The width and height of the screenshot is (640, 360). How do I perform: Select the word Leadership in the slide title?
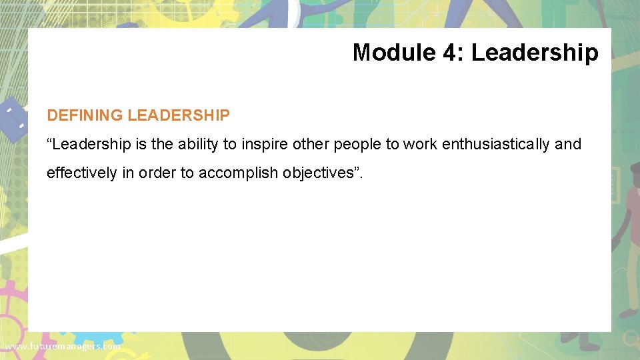pos(535,52)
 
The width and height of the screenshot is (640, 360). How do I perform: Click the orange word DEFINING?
pos(85,115)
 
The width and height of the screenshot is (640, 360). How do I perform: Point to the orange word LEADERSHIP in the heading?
pos(179,115)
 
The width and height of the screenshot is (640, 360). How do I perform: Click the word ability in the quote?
pos(196,144)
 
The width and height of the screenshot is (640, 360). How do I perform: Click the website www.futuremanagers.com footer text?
pos(61,347)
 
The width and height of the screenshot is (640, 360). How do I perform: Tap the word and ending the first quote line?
pos(568,144)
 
